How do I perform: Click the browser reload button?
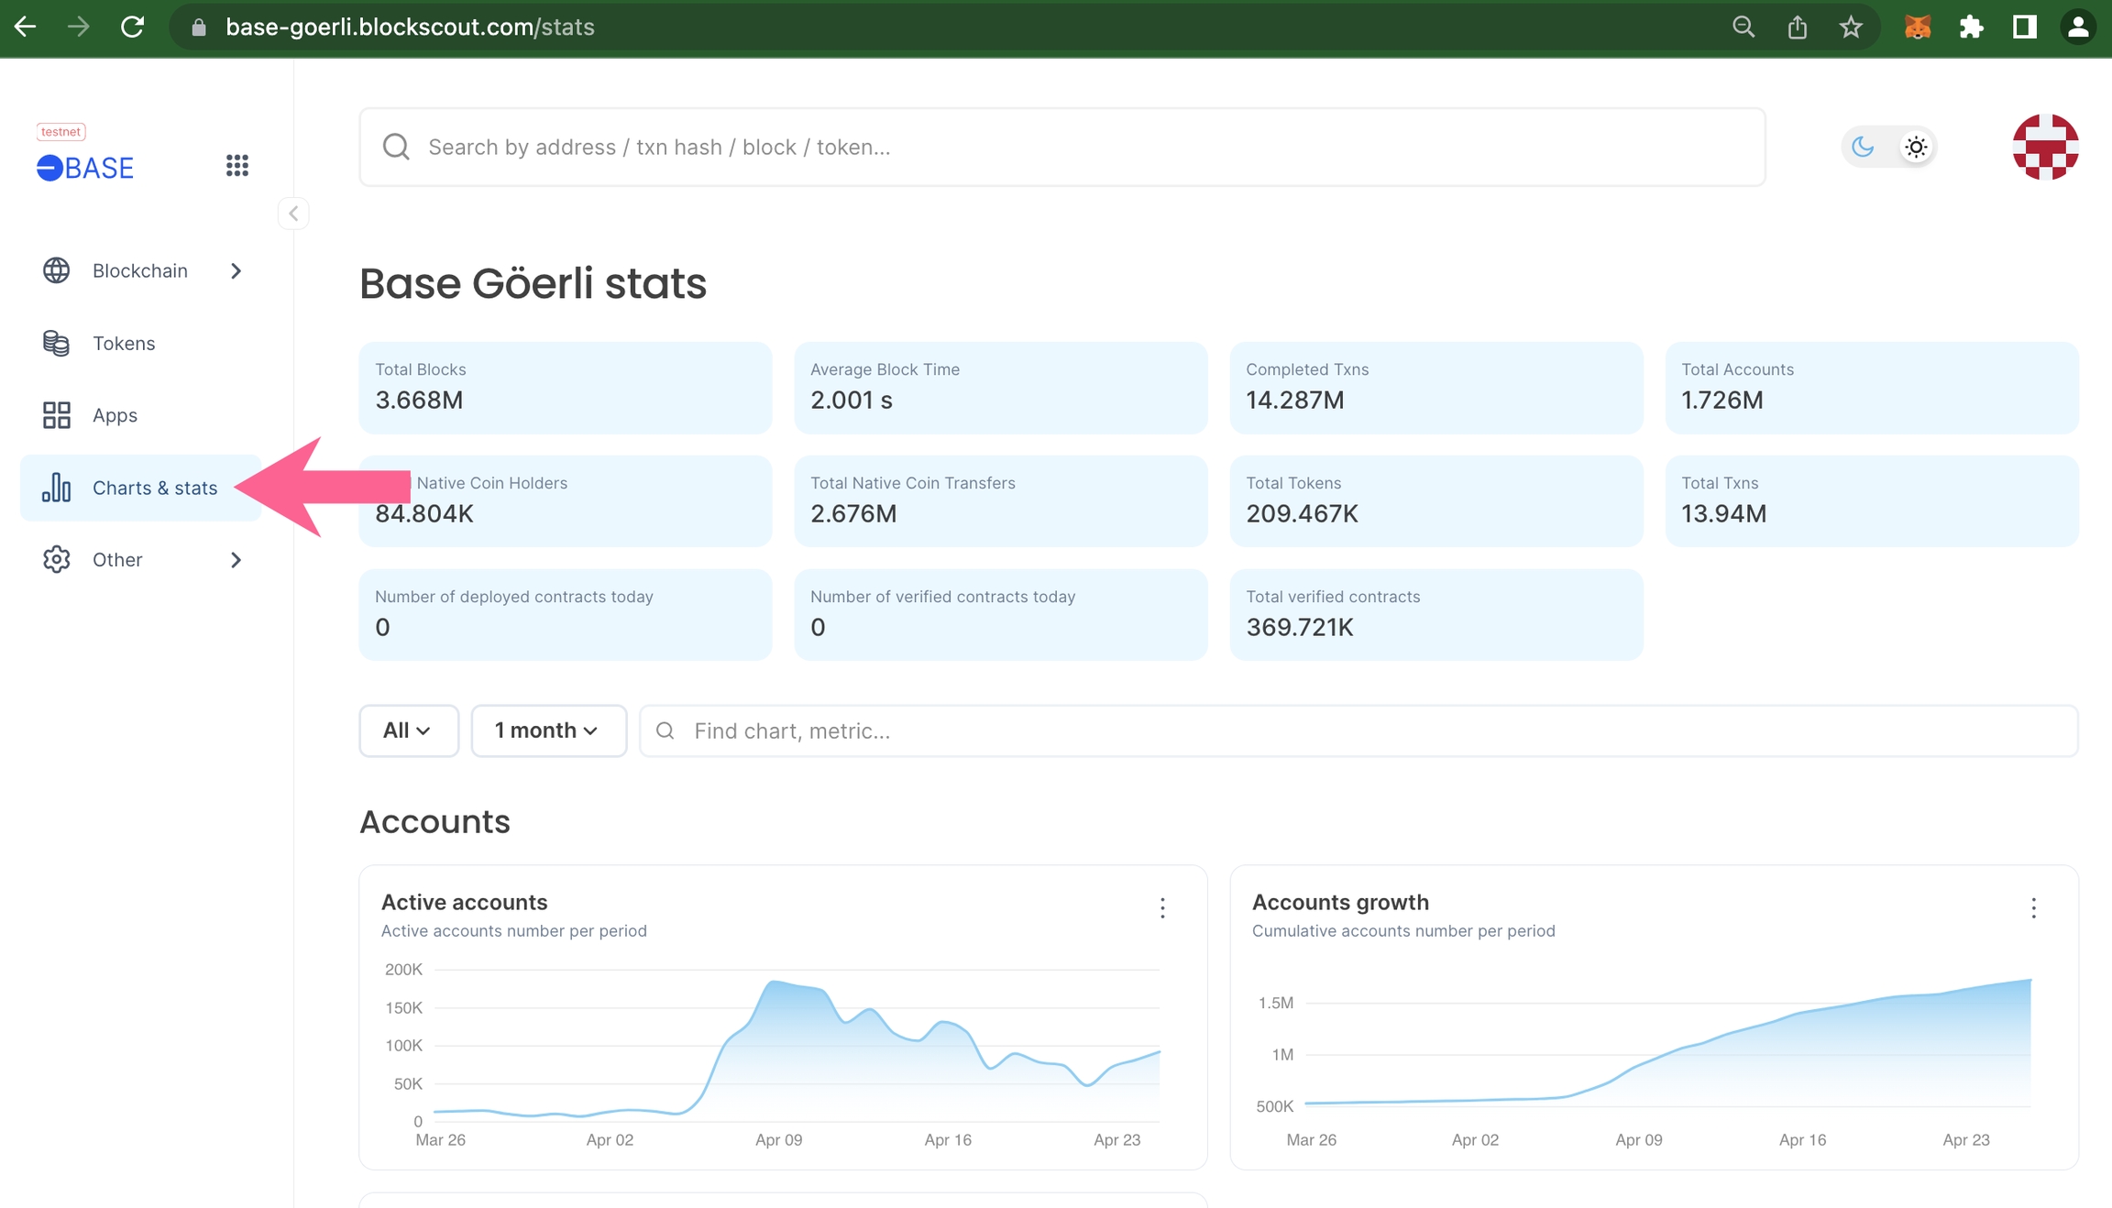click(x=133, y=27)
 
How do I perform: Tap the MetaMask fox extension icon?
click(x=1917, y=27)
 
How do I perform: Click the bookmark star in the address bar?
click(x=1851, y=27)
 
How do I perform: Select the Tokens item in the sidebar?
click(x=123, y=343)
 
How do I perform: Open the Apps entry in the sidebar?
click(x=115, y=415)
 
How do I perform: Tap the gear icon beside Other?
click(x=57, y=559)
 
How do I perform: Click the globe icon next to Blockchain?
click(x=57, y=270)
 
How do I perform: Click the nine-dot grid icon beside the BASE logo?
click(x=237, y=165)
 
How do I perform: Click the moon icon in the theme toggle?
click(x=1863, y=147)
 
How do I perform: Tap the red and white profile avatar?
click(x=2045, y=147)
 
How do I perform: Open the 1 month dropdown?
click(x=548, y=730)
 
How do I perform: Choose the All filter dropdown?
click(x=408, y=730)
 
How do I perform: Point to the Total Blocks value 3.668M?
click(x=419, y=400)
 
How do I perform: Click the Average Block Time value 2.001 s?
click(x=852, y=400)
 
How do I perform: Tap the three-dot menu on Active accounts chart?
click(x=1162, y=908)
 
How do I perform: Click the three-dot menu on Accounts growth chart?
click(x=2033, y=908)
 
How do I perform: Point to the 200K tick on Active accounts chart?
click(x=404, y=970)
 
